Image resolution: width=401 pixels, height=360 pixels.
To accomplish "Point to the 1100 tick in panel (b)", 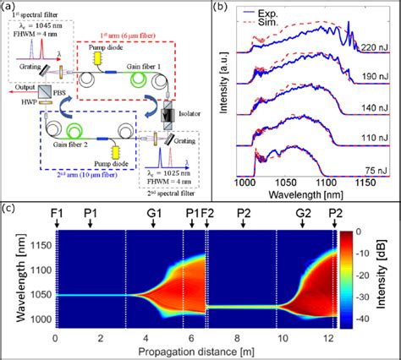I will pyautogui.click(x=332, y=182).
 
